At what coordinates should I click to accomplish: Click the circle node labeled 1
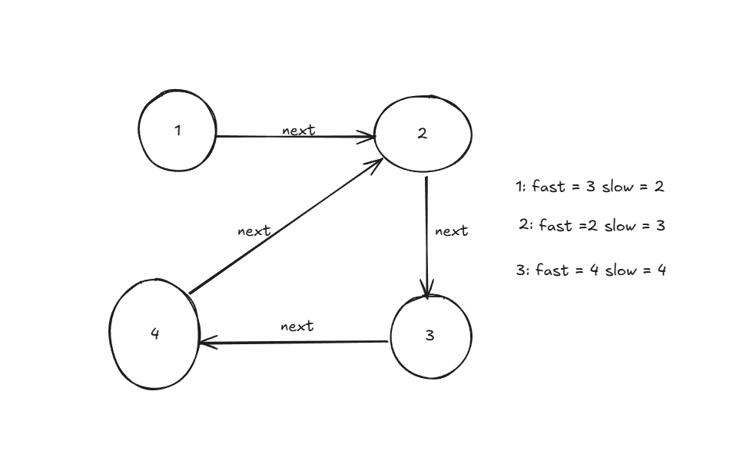coord(177,131)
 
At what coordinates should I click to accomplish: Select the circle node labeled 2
coord(422,134)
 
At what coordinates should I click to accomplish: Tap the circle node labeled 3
coord(430,337)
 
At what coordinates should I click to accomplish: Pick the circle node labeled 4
coord(154,333)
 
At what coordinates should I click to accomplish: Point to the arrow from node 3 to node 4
coord(293,342)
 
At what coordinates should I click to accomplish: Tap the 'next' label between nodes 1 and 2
coord(298,130)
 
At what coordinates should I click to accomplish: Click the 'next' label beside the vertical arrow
coord(451,230)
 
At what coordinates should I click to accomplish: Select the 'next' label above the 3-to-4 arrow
coord(297,327)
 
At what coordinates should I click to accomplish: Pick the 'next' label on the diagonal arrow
coord(254,230)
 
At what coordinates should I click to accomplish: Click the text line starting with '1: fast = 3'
coord(589,187)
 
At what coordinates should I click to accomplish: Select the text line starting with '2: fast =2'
coord(592,225)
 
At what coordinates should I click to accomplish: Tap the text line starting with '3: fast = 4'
coord(591,270)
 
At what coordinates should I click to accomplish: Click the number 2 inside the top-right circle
coord(422,134)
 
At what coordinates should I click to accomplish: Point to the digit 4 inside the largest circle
coord(154,333)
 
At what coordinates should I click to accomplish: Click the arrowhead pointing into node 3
coord(427,290)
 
